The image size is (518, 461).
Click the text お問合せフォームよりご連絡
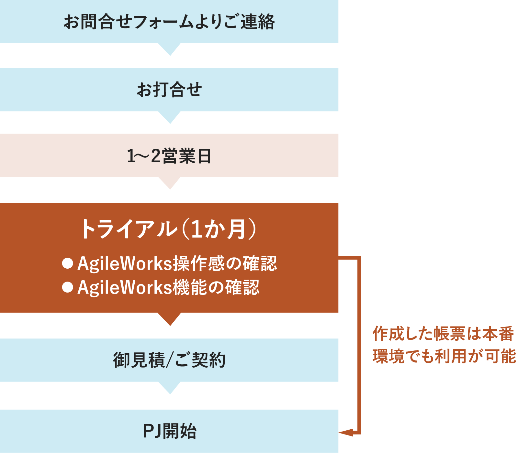[x=169, y=22]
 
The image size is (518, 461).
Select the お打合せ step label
[x=169, y=90]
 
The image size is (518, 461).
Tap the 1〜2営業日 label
[x=169, y=156]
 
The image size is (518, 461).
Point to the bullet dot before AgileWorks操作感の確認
[x=67, y=263]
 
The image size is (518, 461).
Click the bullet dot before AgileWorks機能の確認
[x=67, y=287]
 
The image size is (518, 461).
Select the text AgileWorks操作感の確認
[x=177, y=263]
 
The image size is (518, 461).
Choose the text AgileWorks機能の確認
[x=168, y=287]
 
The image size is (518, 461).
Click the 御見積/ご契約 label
[x=169, y=360]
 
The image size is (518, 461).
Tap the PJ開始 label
[x=169, y=431]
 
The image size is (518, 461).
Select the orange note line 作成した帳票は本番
[x=443, y=334]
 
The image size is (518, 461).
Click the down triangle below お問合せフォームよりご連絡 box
[x=170, y=49]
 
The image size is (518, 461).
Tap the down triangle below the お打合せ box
[x=170, y=117]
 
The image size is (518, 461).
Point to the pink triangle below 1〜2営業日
[x=170, y=183]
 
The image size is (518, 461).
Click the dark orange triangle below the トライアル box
[x=170, y=319]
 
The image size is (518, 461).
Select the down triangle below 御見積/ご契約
[x=170, y=387]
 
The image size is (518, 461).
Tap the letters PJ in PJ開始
[x=152, y=431]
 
